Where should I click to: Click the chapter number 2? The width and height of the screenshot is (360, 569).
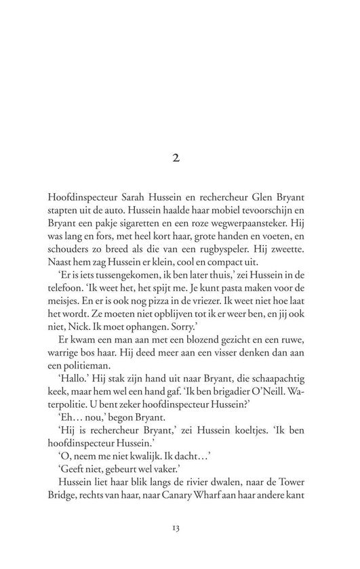(179, 158)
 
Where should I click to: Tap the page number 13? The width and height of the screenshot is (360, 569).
(179, 526)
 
